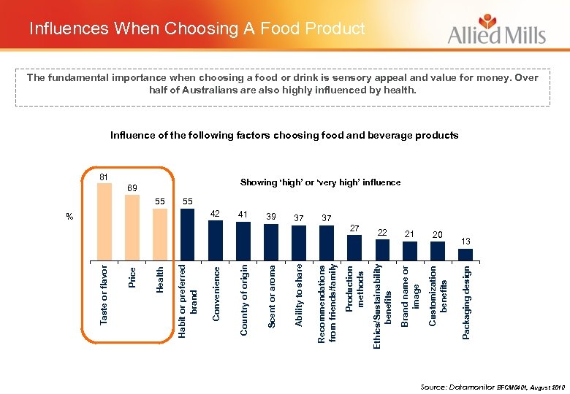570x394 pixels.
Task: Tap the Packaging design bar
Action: click(465, 253)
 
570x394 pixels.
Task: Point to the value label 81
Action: click(104, 177)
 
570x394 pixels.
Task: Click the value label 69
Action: click(132, 188)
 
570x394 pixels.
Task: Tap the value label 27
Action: click(354, 228)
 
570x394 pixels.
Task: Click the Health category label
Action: click(159, 280)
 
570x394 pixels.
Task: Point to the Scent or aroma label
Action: click(271, 295)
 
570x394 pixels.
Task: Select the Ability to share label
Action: click(299, 295)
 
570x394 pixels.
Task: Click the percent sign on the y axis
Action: click(69, 217)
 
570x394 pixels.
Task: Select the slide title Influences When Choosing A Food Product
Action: click(197, 29)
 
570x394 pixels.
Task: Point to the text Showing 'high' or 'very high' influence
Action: click(320, 182)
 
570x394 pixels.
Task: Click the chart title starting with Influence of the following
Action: click(284, 135)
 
